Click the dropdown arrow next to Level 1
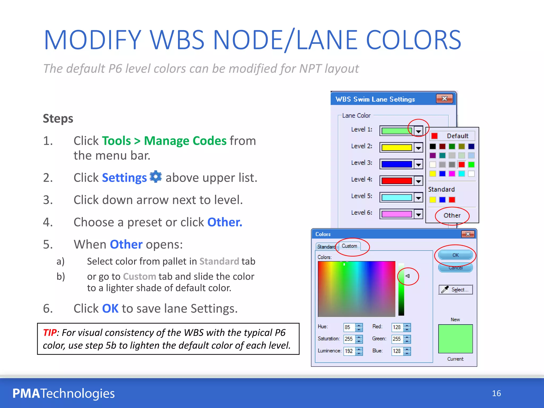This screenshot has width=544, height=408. tap(418, 131)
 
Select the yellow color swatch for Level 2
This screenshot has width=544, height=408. tap(397, 147)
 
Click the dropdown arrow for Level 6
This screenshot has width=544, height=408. tap(418, 214)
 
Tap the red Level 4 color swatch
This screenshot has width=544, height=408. tap(397, 181)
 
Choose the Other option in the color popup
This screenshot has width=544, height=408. tap(452, 215)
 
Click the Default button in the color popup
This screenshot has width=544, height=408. tap(452, 136)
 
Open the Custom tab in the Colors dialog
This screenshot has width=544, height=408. tap(349, 246)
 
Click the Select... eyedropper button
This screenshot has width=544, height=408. tap(456, 290)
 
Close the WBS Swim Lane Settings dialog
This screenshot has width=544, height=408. tap(444, 99)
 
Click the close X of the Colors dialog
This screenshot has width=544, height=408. tap(468, 234)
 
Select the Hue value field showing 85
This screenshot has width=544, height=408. tap(349, 327)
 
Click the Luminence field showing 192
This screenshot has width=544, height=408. tap(349, 351)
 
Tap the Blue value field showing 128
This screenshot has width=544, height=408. tap(397, 351)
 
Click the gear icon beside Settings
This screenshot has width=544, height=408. tap(156, 177)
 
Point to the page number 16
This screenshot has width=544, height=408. tap(496, 393)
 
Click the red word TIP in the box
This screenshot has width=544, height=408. tap(50, 333)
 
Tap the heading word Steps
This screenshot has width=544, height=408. tap(58, 118)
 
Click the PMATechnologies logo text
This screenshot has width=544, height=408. tap(63, 393)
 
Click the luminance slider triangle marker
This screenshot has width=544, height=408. tap(407, 276)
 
